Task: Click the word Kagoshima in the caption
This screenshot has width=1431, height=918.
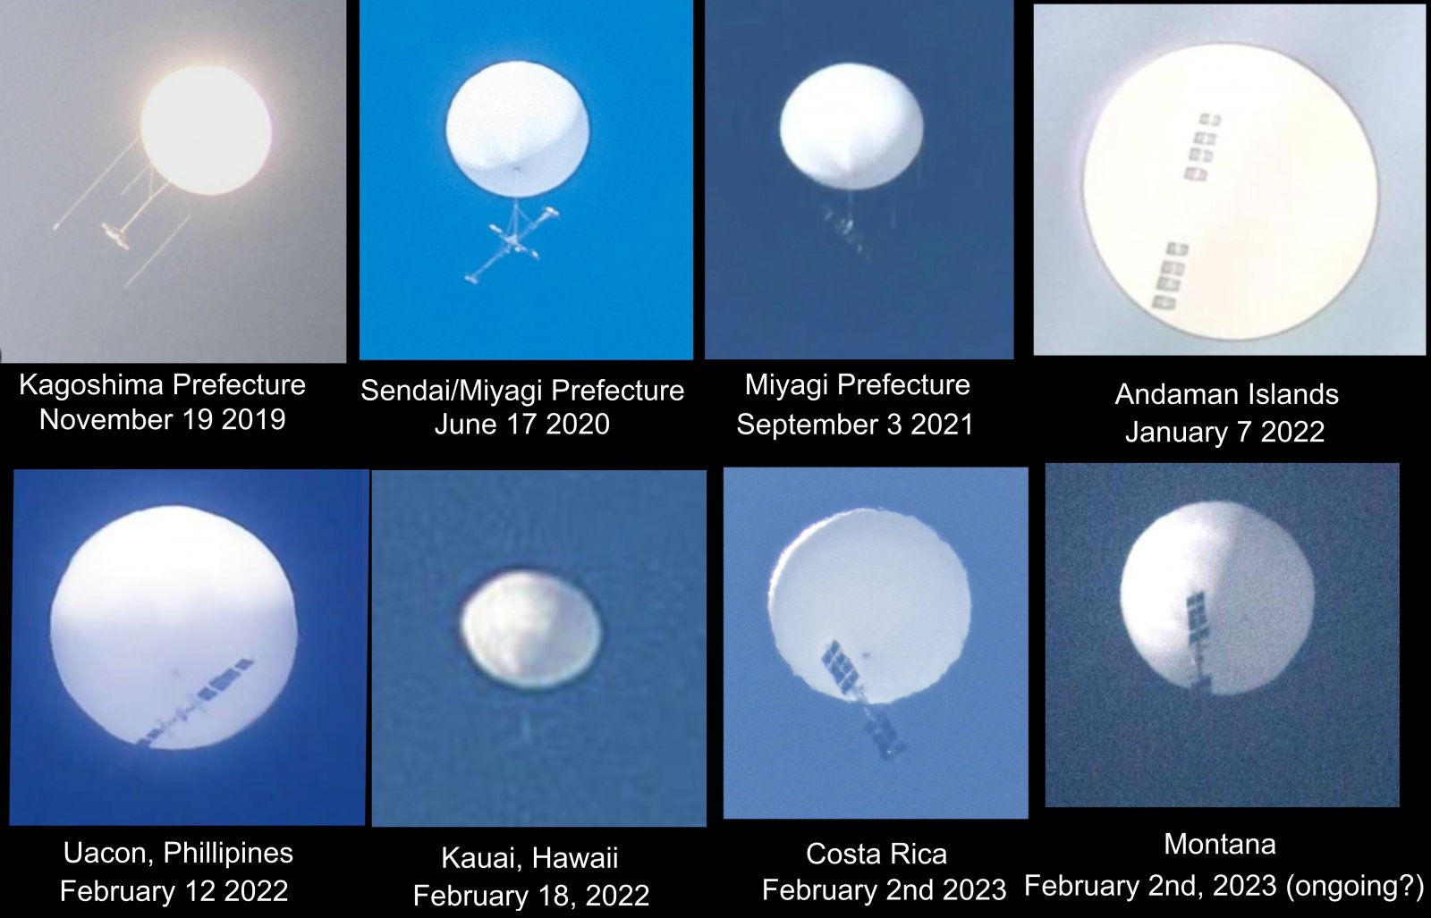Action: pyautogui.click(x=91, y=385)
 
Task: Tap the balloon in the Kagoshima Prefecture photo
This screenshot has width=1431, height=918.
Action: pyautogui.click(x=206, y=131)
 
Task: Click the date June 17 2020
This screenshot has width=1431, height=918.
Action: pyautogui.click(x=522, y=425)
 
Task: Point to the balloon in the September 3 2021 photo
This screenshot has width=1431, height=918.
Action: pyautogui.click(x=851, y=126)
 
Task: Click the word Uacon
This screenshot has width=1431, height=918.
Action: pyautogui.click(x=107, y=853)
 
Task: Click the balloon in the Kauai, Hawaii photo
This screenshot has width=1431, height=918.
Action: pyautogui.click(x=530, y=629)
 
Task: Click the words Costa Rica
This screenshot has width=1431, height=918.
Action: pyautogui.click(x=876, y=855)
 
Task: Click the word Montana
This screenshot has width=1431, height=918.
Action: pyautogui.click(x=1220, y=845)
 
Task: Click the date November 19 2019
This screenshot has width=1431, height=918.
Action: pyautogui.click(x=162, y=420)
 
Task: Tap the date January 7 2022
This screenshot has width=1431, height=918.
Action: pyautogui.click(x=1224, y=433)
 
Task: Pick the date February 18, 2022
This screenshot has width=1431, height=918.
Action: pyautogui.click(x=531, y=896)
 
